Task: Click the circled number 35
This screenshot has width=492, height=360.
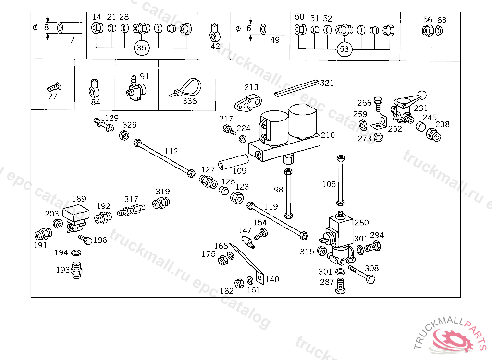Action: pos(142,48)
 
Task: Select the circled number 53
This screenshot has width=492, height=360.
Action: pos(344,49)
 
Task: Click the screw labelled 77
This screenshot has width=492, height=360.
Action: pos(54,87)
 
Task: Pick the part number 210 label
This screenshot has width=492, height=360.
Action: pos(328,135)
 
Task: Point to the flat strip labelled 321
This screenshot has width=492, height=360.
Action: pos(296,88)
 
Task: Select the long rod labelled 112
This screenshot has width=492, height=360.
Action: pos(164,158)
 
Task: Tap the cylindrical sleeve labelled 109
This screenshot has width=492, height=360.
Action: pos(233,162)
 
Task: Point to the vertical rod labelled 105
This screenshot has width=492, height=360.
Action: pos(341,180)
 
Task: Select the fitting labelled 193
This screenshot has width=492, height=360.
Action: pos(76,270)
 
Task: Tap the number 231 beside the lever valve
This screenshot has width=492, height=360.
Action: pos(420,108)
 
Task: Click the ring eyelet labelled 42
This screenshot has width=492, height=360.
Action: pos(215,33)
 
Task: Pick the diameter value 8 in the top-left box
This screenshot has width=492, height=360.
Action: pos(47,27)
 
